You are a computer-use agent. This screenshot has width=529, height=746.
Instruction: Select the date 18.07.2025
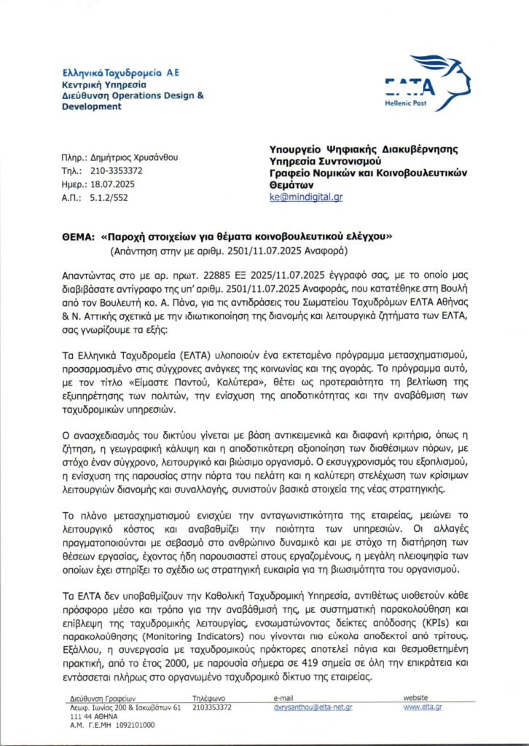click(x=111, y=184)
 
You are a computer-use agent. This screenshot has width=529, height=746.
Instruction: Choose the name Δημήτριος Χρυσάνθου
click(x=130, y=157)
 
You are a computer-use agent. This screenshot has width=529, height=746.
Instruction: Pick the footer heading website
click(x=416, y=698)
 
